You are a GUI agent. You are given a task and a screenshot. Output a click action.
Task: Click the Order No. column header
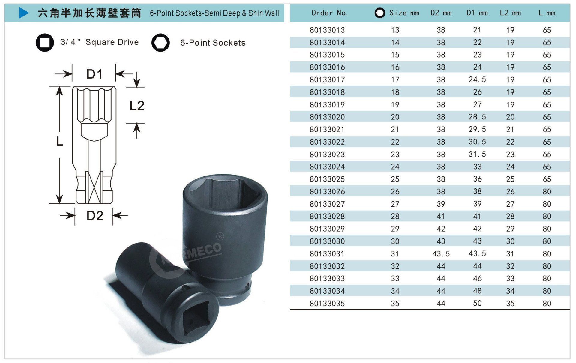point(329,13)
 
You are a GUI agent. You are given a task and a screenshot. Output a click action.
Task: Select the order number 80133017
point(327,80)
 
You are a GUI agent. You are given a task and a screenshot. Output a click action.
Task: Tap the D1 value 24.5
point(477,79)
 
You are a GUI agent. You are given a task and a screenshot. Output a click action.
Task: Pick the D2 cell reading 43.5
point(441,254)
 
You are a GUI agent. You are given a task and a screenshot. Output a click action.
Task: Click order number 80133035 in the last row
point(327,304)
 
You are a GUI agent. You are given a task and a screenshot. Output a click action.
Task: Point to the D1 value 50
point(477,303)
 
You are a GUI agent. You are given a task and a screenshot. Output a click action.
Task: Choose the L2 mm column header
point(510,13)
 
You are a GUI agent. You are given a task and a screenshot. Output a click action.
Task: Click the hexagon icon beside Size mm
point(380,13)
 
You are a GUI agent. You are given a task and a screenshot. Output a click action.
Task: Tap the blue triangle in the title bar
point(24,13)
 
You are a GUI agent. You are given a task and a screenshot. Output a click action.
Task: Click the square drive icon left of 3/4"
point(45,42)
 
